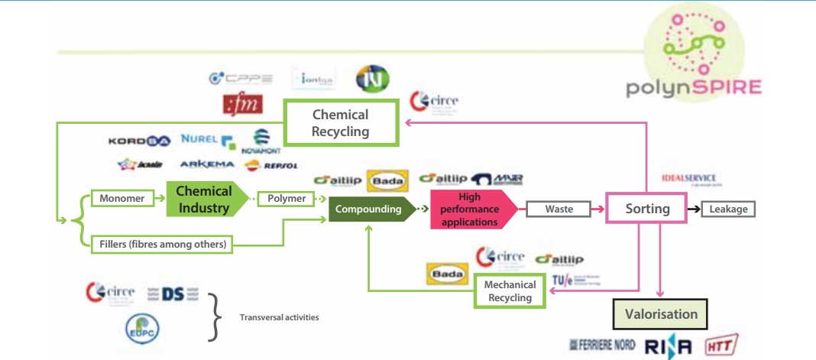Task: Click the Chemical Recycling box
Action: [341, 122]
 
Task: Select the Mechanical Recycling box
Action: [510, 290]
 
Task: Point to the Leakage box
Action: [728, 209]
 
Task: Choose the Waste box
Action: [559, 209]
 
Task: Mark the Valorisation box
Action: [661, 314]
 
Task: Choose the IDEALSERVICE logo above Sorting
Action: [689, 180]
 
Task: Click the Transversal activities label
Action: [279, 317]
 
